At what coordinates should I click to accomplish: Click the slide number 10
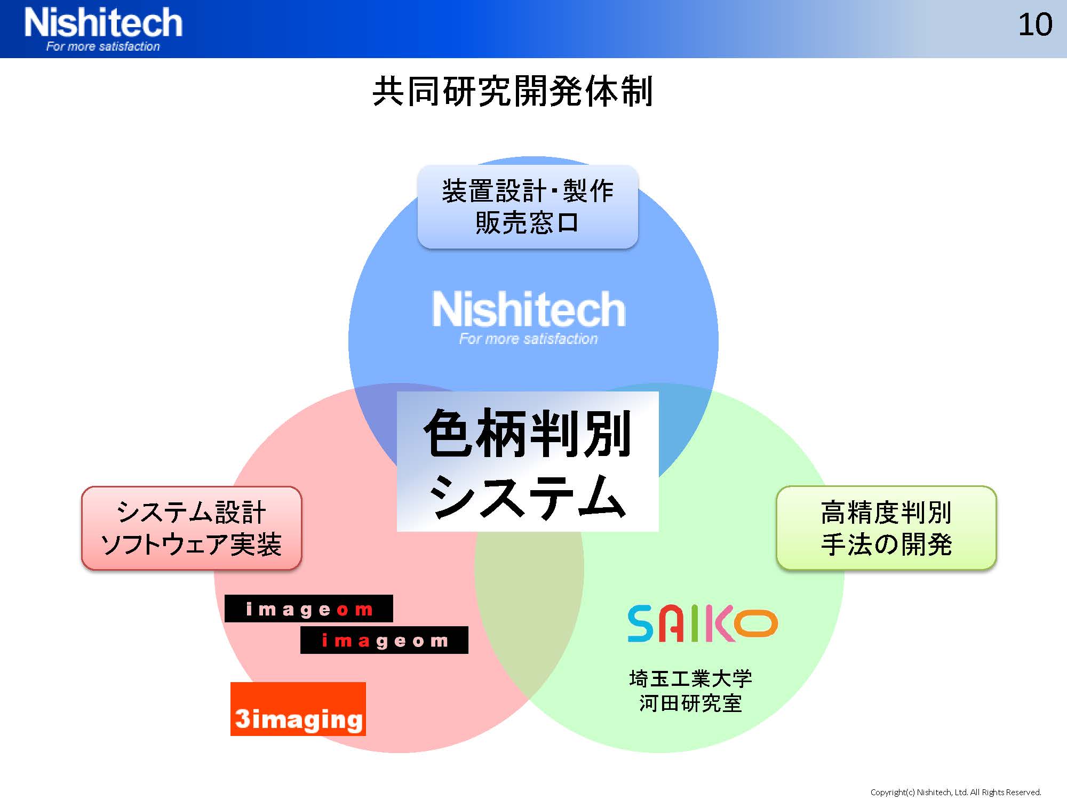(1035, 25)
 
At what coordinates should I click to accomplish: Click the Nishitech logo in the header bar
(103, 29)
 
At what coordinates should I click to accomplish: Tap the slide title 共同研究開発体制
(513, 92)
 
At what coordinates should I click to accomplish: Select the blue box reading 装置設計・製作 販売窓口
(528, 207)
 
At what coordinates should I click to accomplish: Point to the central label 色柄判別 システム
(528, 461)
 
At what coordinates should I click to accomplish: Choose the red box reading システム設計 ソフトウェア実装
(192, 528)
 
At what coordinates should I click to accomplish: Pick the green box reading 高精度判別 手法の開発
(886, 528)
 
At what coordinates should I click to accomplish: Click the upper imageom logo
(309, 609)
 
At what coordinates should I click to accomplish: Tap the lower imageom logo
(384, 640)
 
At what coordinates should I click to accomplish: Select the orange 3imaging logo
(298, 709)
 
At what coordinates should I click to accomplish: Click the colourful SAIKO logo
(703, 623)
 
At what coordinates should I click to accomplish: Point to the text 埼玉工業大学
(690, 679)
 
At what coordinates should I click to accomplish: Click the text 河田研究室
(690, 703)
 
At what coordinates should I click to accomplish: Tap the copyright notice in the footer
(956, 792)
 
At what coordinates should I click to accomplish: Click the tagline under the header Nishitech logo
(103, 46)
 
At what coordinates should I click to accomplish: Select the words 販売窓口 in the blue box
(527, 222)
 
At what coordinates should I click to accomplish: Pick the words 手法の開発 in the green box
(886, 545)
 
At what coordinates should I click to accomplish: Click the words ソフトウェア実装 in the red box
(191, 545)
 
